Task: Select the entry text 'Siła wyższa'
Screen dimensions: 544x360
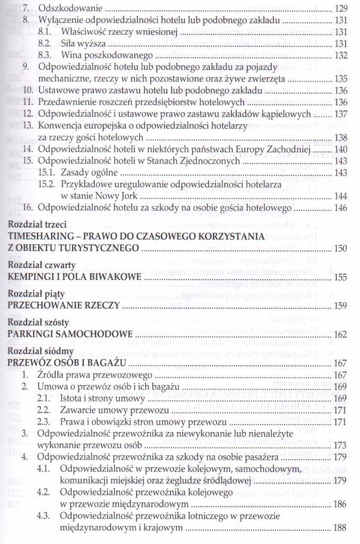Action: (82, 44)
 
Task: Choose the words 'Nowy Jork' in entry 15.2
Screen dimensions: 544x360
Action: (119, 195)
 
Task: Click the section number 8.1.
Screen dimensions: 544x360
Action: (44, 32)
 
